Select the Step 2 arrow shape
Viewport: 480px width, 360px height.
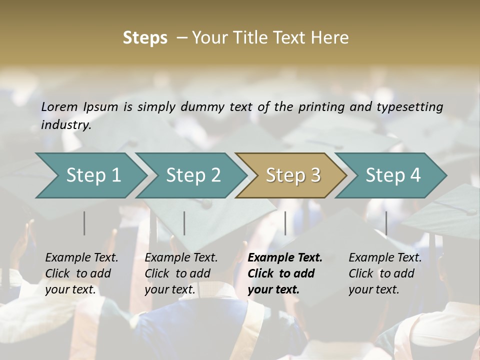[x=193, y=175]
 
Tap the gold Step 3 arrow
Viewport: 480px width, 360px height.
[x=293, y=175]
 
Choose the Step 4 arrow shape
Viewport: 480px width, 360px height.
[x=393, y=175]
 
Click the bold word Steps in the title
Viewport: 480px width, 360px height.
[x=145, y=38]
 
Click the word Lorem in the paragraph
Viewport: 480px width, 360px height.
[x=59, y=106]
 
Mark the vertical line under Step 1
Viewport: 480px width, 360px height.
[x=84, y=223]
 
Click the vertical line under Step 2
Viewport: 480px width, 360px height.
[x=184, y=223]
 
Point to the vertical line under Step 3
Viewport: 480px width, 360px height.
[x=285, y=223]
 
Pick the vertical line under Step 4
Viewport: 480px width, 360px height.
[x=386, y=223]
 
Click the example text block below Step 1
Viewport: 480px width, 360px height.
[x=81, y=273]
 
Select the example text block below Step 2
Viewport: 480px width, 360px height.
[x=181, y=273]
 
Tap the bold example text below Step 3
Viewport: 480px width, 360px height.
[x=285, y=273]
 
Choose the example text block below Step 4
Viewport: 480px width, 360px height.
[x=385, y=273]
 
